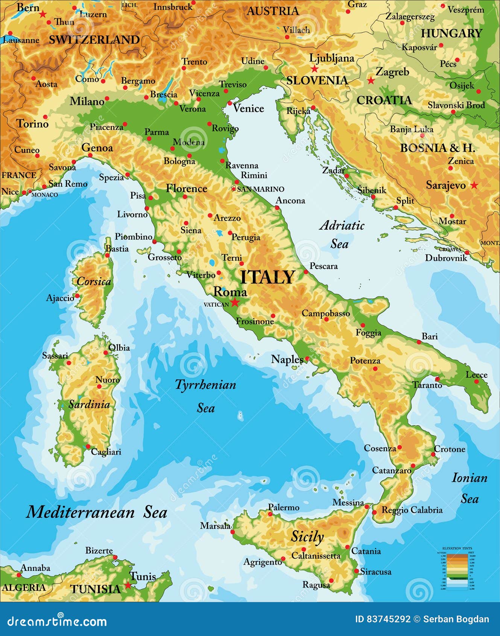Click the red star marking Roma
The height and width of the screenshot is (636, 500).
pos(235,302)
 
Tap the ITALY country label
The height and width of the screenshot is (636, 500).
pos(267,277)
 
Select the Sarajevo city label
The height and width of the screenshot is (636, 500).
pos(445,185)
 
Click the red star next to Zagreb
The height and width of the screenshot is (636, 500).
pos(371,81)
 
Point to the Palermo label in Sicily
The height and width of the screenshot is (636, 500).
pos(284,507)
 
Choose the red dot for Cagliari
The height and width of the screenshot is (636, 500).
pos(88,447)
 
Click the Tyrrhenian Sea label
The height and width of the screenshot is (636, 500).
pos(205,385)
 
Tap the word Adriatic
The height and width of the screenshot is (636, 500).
pos(342,225)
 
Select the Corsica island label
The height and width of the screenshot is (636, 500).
pos(94,281)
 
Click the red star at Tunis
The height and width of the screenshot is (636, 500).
pos(128,585)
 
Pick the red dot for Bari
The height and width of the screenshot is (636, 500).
pos(419,342)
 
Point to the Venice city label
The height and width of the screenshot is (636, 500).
pos(248,108)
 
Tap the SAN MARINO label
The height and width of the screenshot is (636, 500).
pos(260,189)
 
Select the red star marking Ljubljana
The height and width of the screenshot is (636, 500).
pos(315,69)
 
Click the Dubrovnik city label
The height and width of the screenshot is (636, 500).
pos(446,258)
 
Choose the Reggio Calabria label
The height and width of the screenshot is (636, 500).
pos(412,510)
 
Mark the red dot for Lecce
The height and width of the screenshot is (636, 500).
pos(476,382)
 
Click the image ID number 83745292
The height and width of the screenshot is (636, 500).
pos(383,619)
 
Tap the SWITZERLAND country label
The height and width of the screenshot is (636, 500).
pos(94,40)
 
